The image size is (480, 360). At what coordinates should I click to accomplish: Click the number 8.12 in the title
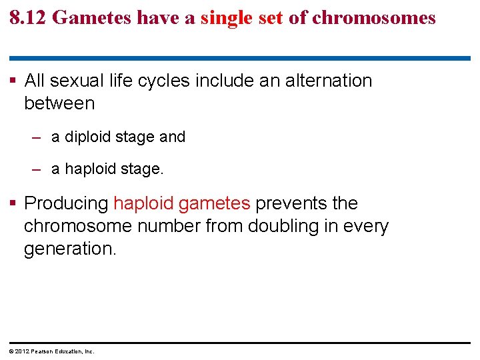pos(27,17)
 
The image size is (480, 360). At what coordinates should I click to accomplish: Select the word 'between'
pos(59,103)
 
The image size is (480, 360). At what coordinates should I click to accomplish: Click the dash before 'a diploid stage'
pos(38,137)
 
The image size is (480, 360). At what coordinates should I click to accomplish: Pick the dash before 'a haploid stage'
pos(38,169)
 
